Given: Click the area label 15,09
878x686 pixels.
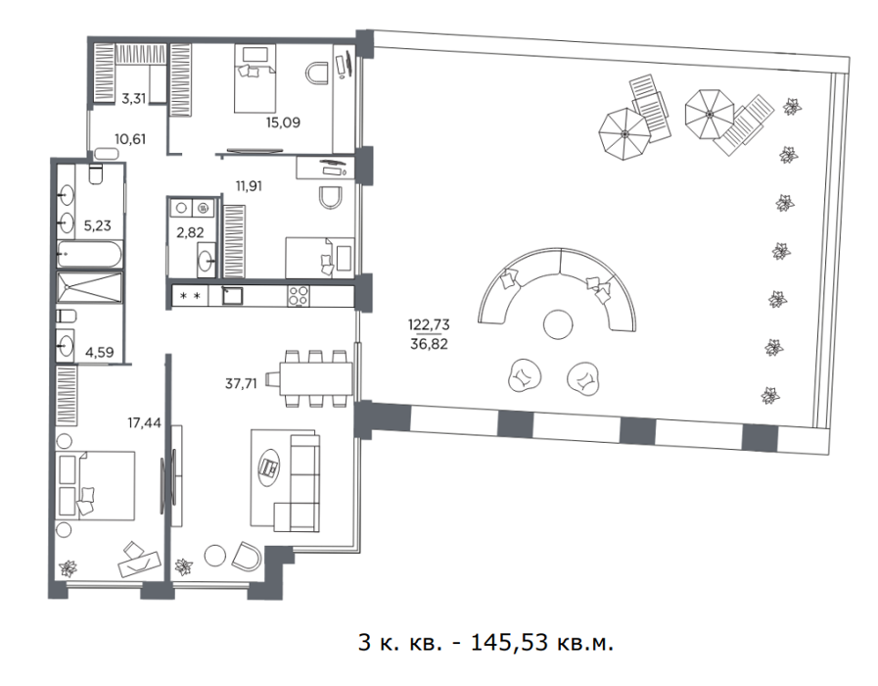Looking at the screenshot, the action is (x=283, y=122).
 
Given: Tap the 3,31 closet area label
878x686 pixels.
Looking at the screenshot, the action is (x=134, y=99).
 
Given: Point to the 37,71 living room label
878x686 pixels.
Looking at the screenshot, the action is (x=241, y=383).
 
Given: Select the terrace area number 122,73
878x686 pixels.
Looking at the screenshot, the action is (x=429, y=324).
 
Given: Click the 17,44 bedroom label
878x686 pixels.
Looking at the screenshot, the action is (x=144, y=422).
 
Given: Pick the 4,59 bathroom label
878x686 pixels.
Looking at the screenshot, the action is (x=99, y=352).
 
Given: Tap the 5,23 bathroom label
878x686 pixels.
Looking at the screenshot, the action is (x=98, y=225).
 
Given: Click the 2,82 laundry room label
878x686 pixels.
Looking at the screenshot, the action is (x=190, y=232).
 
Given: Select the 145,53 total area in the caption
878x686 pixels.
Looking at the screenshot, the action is (x=509, y=642).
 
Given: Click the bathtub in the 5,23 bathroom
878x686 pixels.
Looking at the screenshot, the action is (x=90, y=255).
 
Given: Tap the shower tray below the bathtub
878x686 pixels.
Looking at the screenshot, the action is (x=90, y=287).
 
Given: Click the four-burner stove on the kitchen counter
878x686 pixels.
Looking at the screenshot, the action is (x=298, y=296).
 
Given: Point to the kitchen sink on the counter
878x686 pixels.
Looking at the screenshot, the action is (x=232, y=295).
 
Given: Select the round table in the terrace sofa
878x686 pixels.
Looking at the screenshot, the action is (x=558, y=324).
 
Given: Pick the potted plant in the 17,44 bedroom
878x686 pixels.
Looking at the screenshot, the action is (x=69, y=568).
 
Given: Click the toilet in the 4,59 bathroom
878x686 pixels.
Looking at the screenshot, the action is (x=67, y=317).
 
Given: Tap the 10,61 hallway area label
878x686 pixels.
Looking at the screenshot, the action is (x=130, y=139).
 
